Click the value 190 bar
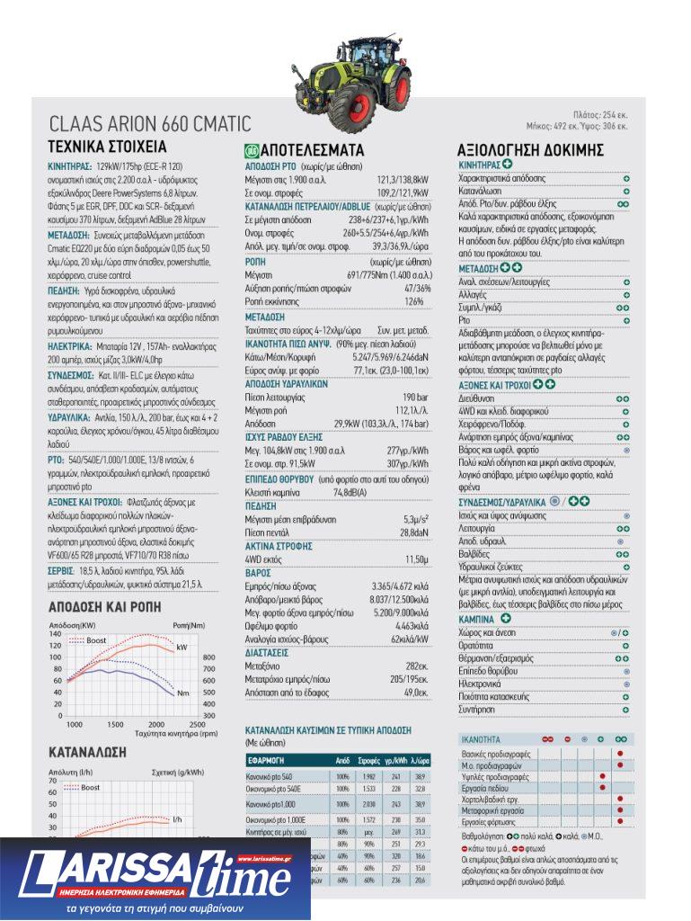click(415, 397)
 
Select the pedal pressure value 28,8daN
click(413, 532)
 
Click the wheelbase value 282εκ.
click(416, 666)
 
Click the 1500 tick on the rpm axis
click(115, 724)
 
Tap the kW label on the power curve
click(182, 647)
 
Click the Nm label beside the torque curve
click(182, 693)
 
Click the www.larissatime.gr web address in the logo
click(261, 858)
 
